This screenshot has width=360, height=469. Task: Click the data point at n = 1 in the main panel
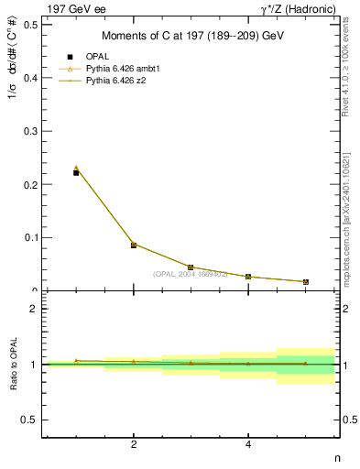[x=76, y=172]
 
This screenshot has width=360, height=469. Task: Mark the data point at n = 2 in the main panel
[x=134, y=245]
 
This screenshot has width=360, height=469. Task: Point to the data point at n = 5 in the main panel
[x=305, y=282]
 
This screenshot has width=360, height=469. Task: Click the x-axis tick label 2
[x=134, y=444]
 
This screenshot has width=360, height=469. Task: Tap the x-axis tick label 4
[x=248, y=444]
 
